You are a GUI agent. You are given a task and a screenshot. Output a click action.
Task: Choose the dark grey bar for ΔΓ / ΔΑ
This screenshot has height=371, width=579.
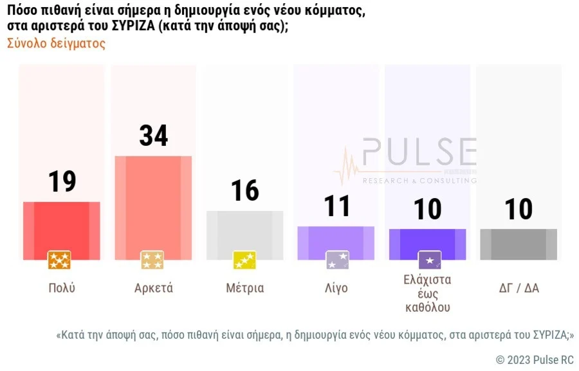[x=519, y=244]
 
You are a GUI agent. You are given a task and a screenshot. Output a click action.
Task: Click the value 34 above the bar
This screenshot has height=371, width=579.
[x=154, y=136]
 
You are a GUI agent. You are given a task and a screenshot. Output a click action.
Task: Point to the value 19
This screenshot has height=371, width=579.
[x=62, y=181]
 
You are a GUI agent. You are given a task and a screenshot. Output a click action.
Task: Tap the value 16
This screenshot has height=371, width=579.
[x=244, y=191]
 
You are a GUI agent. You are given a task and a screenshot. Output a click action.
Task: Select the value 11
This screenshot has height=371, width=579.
[x=336, y=206]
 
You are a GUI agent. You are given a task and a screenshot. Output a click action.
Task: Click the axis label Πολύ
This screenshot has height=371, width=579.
[x=62, y=288]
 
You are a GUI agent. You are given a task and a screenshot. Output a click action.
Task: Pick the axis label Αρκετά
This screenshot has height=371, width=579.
[x=153, y=288]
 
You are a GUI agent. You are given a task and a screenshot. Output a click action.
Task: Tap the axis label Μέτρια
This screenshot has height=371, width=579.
[x=244, y=288]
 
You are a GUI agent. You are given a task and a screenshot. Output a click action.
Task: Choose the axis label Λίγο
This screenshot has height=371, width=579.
[x=336, y=288]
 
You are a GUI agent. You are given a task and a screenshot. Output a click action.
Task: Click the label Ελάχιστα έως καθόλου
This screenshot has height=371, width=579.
[x=428, y=294]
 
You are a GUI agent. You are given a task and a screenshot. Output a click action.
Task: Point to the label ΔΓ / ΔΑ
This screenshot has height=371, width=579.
[x=519, y=288]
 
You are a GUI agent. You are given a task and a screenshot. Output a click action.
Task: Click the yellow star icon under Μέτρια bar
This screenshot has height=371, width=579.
[x=244, y=260]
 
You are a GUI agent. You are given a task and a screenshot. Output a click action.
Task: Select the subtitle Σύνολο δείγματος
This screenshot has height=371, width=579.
[x=56, y=44]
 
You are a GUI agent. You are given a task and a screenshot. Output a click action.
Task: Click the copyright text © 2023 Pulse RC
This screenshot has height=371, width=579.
[x=534, y=359]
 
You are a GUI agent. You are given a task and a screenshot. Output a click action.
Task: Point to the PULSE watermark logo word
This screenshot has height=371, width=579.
[x=418, y=153]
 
